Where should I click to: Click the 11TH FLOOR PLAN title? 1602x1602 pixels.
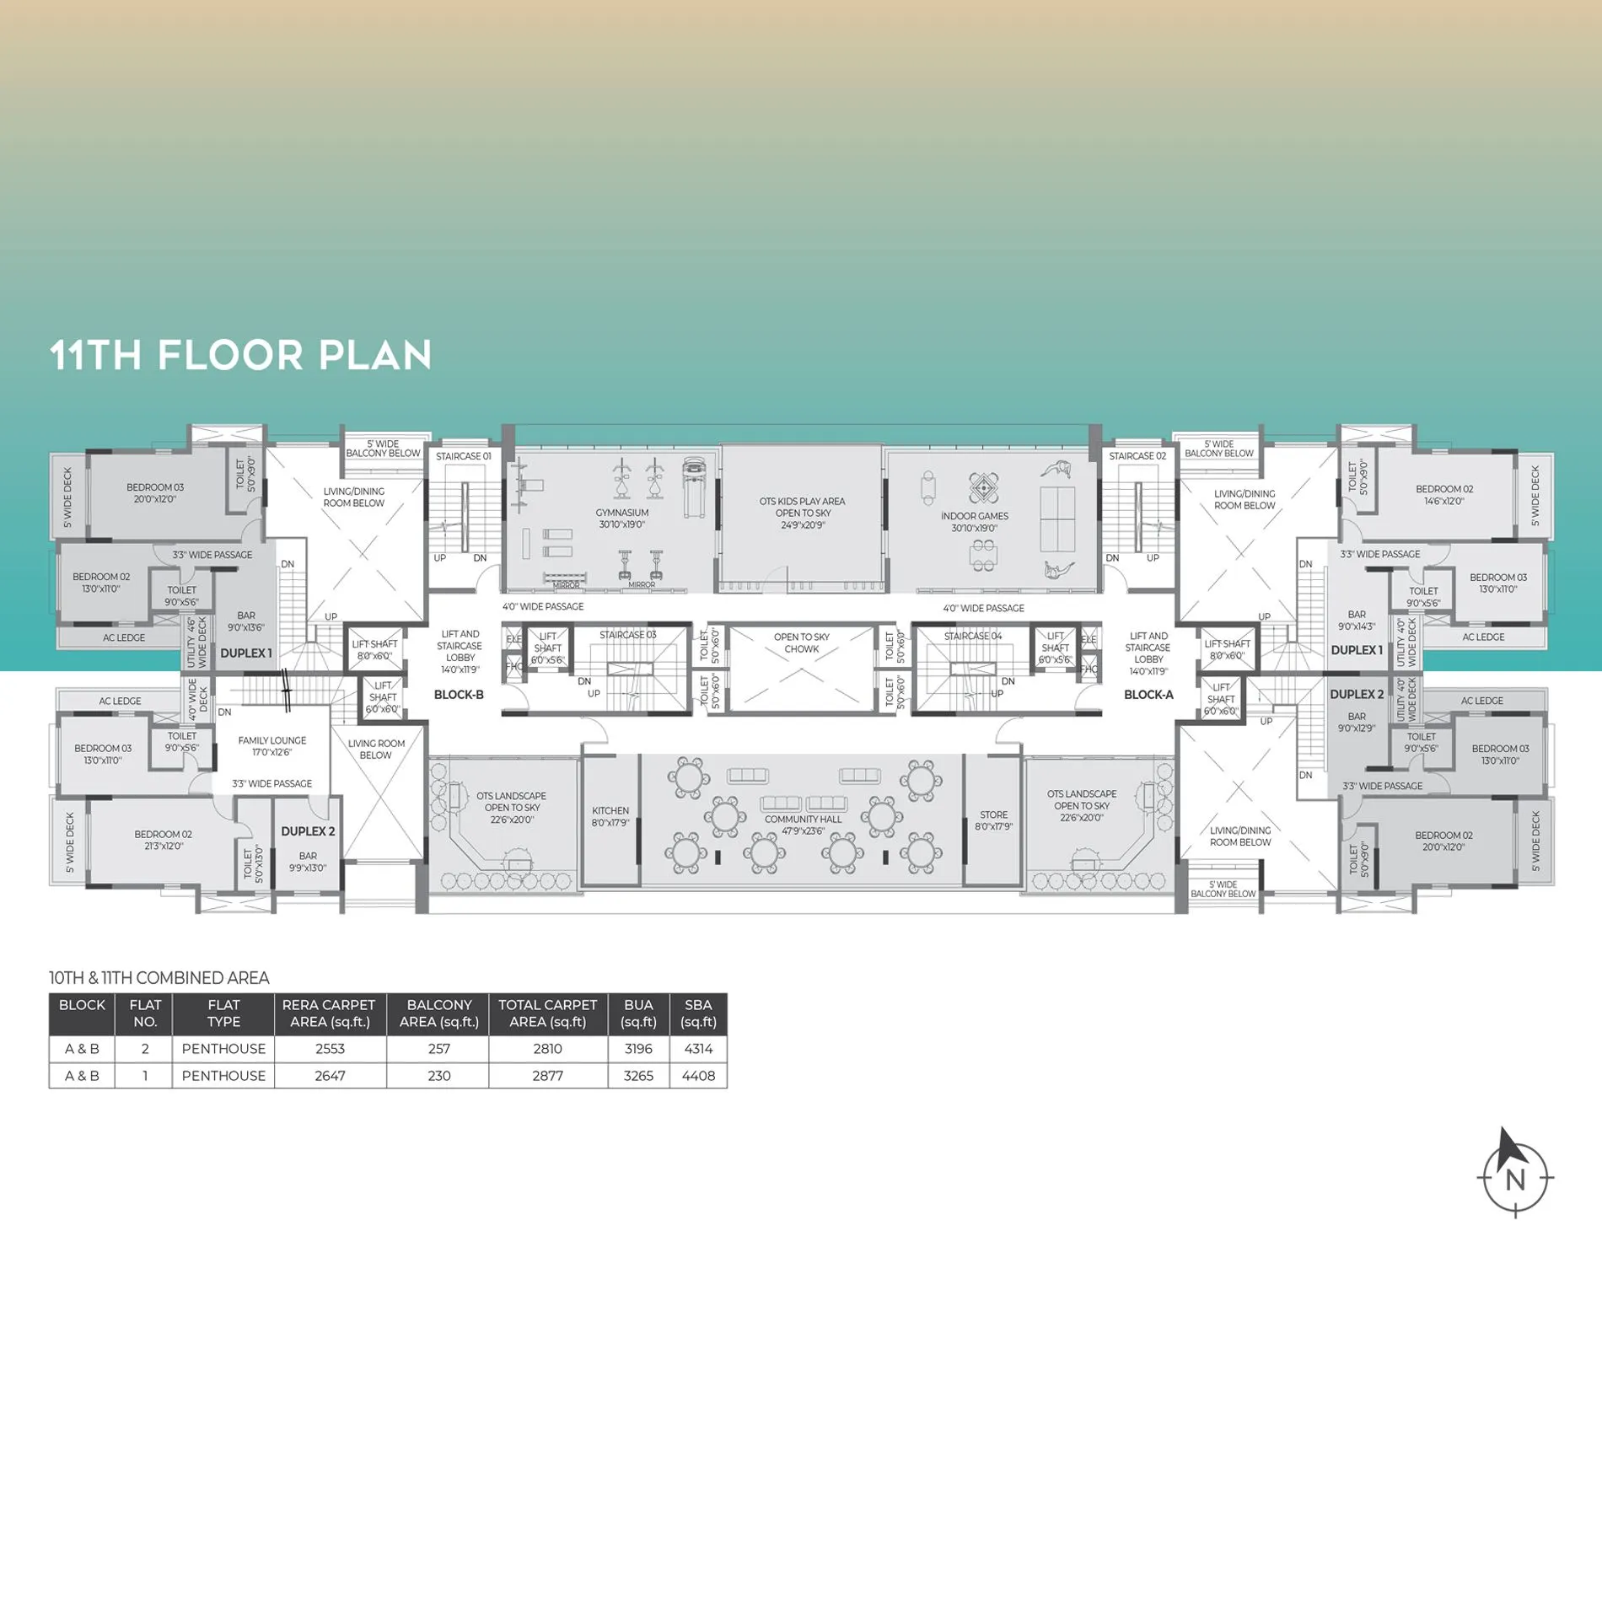241,355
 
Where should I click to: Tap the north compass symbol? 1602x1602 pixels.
1515,1174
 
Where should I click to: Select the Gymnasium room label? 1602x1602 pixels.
622,519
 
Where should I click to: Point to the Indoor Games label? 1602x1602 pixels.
975,522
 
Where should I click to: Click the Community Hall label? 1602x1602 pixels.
803,825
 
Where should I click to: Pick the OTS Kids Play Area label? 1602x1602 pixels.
802,513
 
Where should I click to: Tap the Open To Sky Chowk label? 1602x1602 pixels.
801,643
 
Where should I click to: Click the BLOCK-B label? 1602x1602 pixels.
459,695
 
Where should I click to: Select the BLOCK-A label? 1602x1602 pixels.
1148,695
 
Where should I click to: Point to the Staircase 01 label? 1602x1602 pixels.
463,456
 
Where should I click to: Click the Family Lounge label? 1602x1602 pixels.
271,746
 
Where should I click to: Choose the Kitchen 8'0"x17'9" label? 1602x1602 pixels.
610,816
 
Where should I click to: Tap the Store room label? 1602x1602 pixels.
993,820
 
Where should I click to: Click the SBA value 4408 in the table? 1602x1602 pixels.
698,1076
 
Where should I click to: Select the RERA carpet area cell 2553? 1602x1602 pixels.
330,1049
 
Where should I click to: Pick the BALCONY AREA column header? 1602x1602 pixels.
438,1013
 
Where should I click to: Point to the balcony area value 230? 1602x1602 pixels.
438,1076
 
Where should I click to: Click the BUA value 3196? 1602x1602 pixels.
638,1049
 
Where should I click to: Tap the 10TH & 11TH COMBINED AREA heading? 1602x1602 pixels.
159,978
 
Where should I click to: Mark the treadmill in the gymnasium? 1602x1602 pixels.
695,488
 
